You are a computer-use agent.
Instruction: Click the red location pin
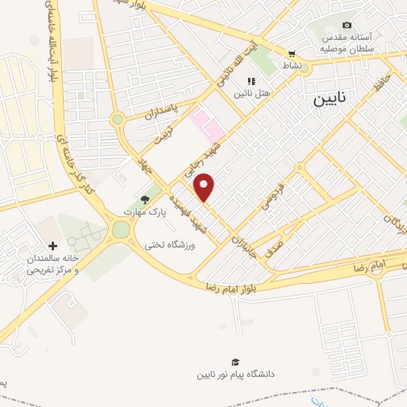205,187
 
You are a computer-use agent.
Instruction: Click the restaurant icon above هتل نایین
251,81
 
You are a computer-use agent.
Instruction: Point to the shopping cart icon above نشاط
291,55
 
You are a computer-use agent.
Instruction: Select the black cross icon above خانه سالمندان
53,247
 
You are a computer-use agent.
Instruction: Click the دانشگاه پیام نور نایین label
238,373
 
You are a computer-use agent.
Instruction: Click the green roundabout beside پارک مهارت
121,231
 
